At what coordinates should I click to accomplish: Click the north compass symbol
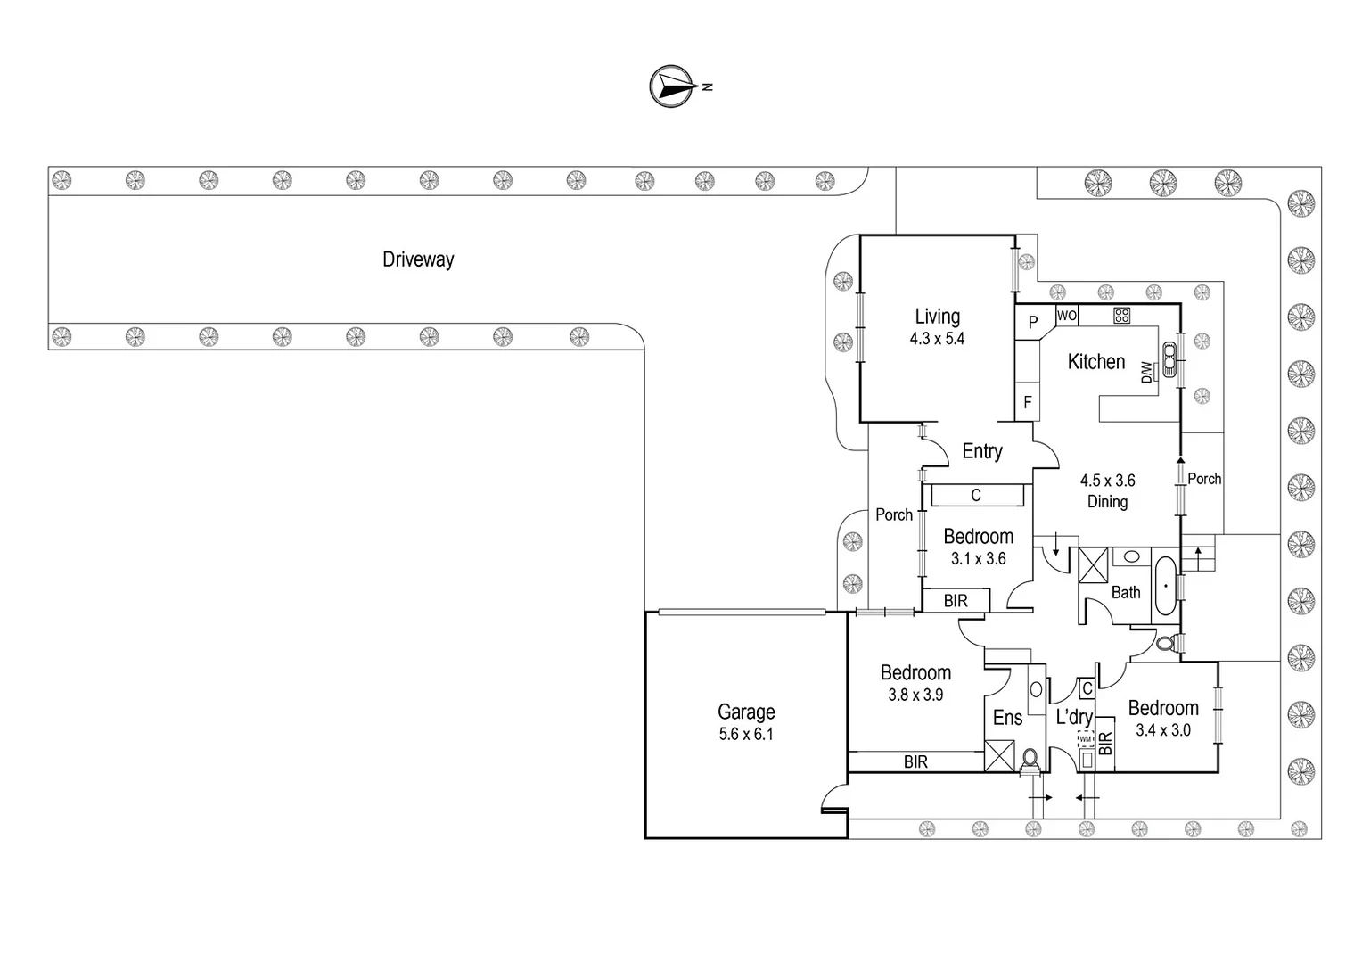coord(673,86)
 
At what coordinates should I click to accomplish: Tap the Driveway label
coord(418,259)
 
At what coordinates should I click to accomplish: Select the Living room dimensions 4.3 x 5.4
coord(937,339)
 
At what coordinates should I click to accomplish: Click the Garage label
coord(746,712)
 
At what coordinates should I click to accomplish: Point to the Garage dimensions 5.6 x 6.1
coord(746,735)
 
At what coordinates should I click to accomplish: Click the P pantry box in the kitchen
coord(1033,323)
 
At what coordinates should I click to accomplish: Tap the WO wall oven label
coord(1067,316)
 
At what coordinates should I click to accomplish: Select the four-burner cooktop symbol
coord(1121,315)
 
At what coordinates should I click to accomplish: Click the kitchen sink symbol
coord(1169,360)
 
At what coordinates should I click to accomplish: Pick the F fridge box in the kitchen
coord(1027,403)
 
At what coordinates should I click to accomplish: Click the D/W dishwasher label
coord(1147,373)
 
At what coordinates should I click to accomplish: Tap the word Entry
coord(982,451)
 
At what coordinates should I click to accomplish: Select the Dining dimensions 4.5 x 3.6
coord(1107,481)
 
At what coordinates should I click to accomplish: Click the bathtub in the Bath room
coord(1165,586)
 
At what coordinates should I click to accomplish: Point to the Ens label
coord(1007,718)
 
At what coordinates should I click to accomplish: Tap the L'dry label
coord(1074,717)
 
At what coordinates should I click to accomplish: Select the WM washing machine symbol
coord(1085,739)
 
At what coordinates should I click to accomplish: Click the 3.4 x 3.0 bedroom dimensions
coord(1163,730)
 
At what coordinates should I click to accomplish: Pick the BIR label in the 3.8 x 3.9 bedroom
coord(915,761)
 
